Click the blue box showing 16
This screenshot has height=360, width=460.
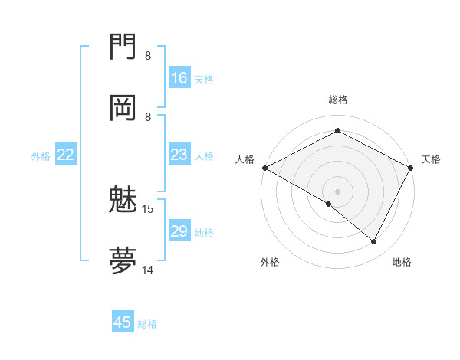[179, 78]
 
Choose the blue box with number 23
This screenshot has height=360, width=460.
[179, 155]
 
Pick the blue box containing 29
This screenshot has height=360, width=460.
[179, 231]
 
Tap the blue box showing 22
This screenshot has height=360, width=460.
[66, 155]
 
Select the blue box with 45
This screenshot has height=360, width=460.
[123, 322]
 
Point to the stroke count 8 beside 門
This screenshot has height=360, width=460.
[148, 56]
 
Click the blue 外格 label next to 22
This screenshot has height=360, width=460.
[41, 156]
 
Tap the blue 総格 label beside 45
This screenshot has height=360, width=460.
[147, 324]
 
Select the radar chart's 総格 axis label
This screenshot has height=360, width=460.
[338, 100]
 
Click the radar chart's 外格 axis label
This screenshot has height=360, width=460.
[270, 262]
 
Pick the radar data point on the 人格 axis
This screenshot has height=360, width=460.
[264, 168]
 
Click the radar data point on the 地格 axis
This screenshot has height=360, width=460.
[374, 241]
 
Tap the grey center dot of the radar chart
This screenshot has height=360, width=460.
[338, 191]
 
